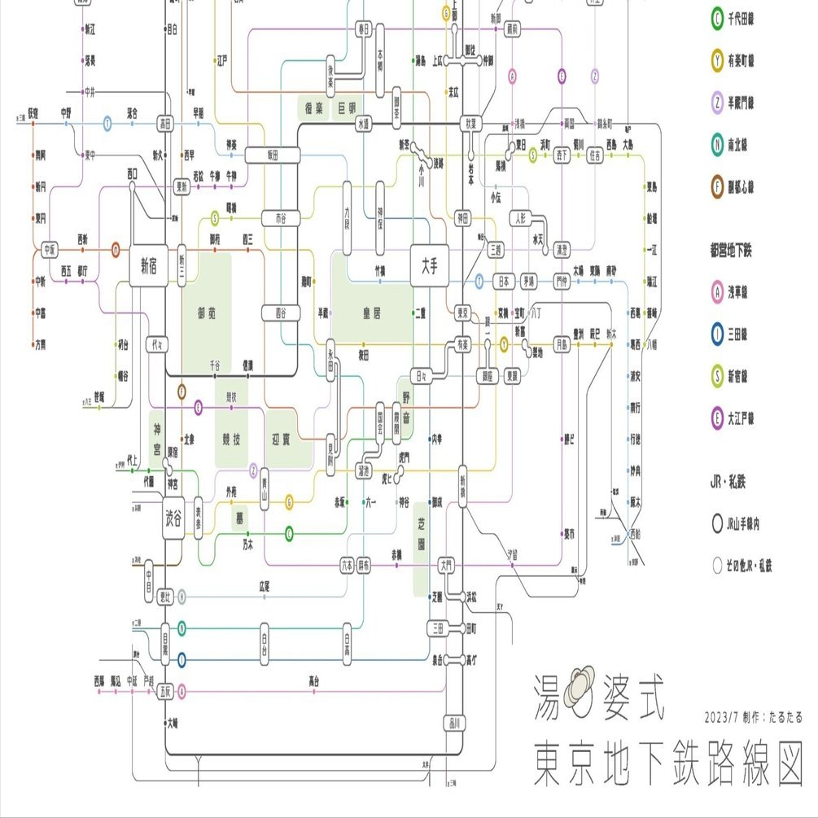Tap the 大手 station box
[429, 265]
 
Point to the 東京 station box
[463, 313]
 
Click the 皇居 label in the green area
[373, 313]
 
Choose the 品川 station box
[453, 723]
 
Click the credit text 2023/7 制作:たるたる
[753, 717]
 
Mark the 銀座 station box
[488, 376]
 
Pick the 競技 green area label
[231, 440]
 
